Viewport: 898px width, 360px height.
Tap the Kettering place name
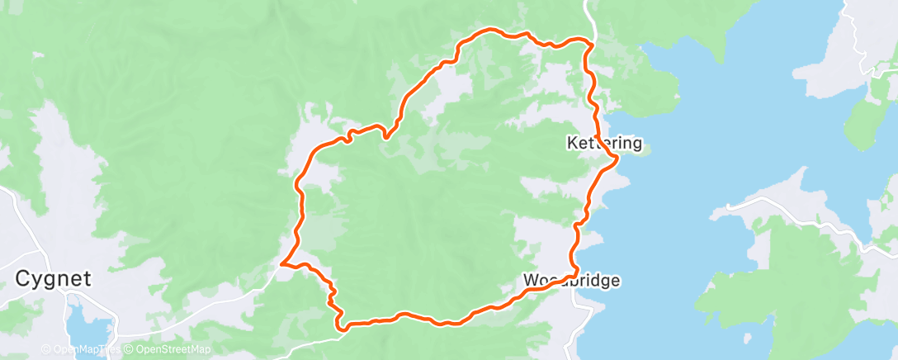[x=604, y=143]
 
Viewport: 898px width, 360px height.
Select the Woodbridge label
[x=571, y=281]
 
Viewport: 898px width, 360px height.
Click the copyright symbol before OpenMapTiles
[x=48, y=349]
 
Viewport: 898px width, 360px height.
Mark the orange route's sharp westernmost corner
[x=282, y=264]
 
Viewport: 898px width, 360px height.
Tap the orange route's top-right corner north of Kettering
[x=590, y=41]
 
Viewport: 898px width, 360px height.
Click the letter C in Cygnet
[x=22, y=279]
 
